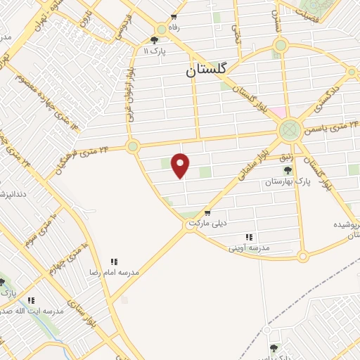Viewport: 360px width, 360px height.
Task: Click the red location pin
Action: click(x=181, y=165)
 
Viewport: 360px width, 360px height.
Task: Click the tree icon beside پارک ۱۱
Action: click(x=154, y=40)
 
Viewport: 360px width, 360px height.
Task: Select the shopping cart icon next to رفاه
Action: click(x=173, y=17)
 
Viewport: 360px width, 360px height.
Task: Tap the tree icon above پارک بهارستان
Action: click(x=287, y=169)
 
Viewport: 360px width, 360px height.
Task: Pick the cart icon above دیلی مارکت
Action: click(x=207, y=212)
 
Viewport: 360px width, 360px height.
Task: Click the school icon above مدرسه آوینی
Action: click(x=248, y=238)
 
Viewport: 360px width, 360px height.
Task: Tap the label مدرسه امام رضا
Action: click(x=113, y=271)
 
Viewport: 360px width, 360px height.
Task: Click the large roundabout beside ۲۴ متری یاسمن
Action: click(x=288, y=130)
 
